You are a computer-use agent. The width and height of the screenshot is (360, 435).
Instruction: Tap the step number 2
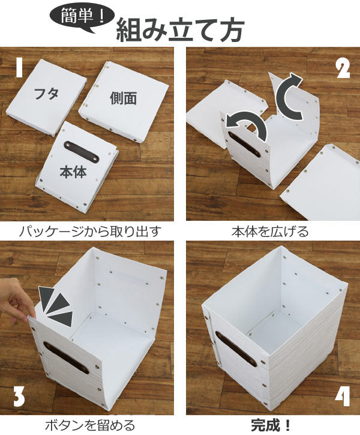[342, 69]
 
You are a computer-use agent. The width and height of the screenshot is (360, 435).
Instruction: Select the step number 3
[19, 397]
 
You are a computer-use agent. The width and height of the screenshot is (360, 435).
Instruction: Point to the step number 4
[343, 397]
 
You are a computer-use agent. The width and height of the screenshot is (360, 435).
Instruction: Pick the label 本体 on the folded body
[73, 173]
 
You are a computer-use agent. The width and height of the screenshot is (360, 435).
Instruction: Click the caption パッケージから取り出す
[90, 231]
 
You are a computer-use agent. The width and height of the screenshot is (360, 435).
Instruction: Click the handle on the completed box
[235, 349]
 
